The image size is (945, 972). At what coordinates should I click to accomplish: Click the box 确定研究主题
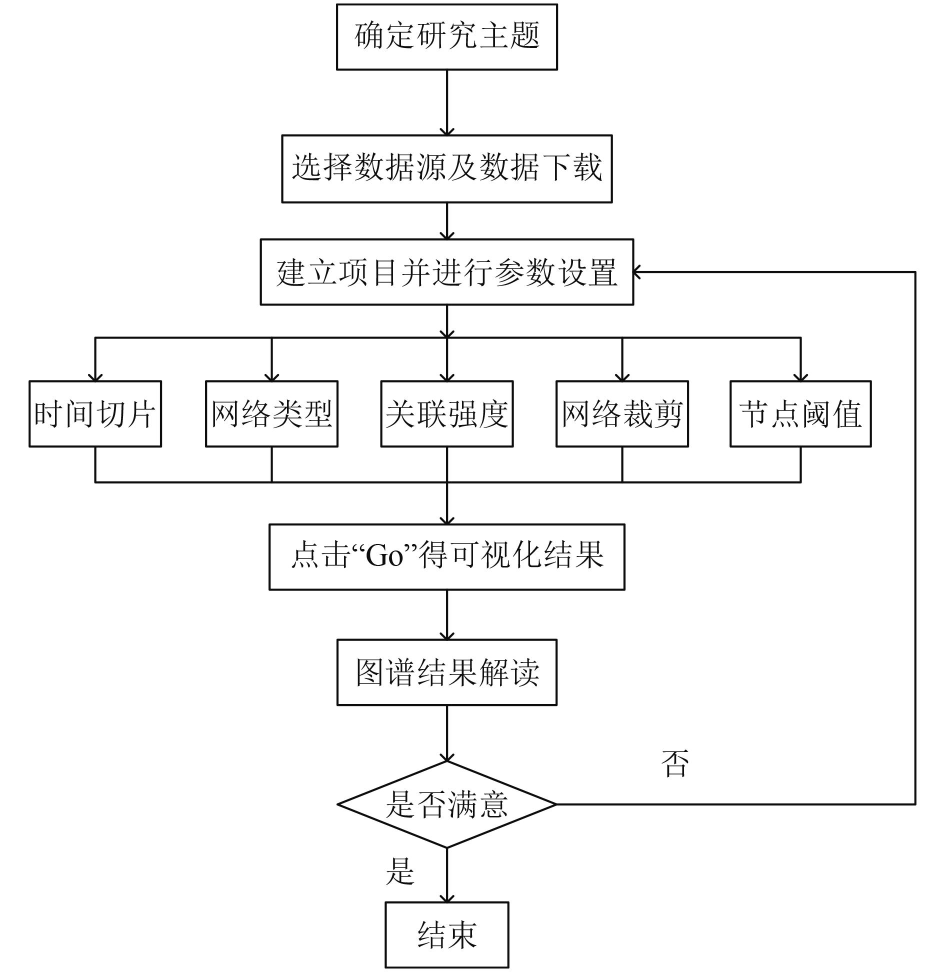coord(446,37)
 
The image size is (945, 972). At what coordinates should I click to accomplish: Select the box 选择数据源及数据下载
coord(446,168)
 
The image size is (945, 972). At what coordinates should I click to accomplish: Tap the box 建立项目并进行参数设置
coord(446,272)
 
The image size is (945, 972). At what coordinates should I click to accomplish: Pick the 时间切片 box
coord(95,413)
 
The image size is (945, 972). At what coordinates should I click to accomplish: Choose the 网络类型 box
coord(271,413)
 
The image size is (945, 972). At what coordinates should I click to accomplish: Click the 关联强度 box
coord(446,413)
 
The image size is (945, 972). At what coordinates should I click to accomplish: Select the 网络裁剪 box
coord(622,413)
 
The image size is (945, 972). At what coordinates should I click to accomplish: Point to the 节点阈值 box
coord(800,413)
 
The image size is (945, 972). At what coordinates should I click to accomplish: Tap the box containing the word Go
coord(446,557)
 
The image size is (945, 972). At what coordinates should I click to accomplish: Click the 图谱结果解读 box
coord(446,672)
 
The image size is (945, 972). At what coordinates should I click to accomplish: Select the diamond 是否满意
coord(446,804)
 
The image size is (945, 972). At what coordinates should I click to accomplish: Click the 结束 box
coord(446,935)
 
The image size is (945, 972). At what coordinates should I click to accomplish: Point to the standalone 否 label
coord(674,763)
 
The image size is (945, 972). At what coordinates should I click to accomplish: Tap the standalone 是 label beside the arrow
coord(400,871)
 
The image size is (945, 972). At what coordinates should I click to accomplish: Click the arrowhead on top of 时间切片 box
coord(95,376)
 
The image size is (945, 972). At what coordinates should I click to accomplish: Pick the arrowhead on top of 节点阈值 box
coord(800,376)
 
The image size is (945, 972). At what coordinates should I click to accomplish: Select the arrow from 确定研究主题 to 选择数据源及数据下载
coord(446,102)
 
